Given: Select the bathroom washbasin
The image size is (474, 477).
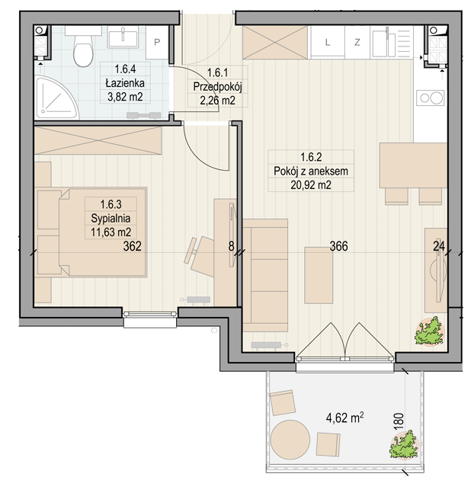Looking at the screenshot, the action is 123,37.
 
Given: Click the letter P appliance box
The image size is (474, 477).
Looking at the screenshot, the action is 157,42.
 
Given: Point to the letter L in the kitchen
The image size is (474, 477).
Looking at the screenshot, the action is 328,42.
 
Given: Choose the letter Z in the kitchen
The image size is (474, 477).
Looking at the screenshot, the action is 357,42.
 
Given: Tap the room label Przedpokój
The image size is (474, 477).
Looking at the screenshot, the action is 217,87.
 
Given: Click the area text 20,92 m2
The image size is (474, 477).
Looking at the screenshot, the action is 311,184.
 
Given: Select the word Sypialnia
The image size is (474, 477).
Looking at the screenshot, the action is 110,218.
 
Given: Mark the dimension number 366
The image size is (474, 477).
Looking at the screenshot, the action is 339,246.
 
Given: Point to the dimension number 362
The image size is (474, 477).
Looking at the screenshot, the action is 133,246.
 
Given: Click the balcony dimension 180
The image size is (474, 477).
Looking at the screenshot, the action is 399,421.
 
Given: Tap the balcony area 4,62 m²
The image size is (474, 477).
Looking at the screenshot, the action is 345,418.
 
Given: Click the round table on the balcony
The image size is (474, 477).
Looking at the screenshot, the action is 290,440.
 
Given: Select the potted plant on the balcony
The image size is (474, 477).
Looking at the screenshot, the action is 404,444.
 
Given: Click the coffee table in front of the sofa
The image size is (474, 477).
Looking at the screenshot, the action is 319,275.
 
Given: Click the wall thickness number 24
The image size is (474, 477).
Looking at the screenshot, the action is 439,246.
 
